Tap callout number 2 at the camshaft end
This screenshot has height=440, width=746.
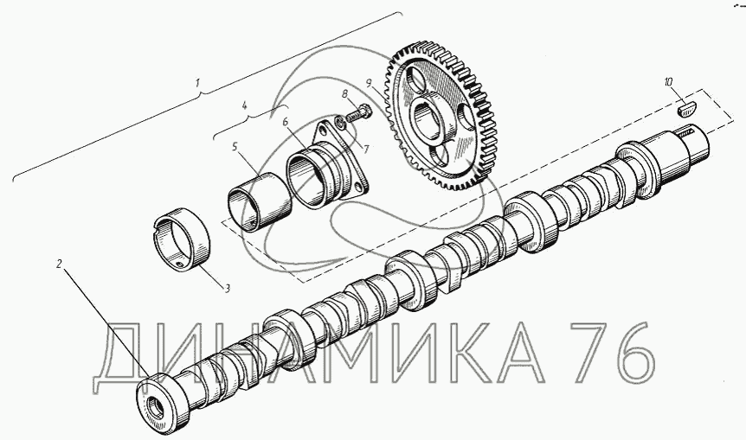(x=59, y=264)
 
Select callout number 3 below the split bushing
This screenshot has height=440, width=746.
(x=228, y=289)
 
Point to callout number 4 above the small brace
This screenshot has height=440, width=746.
(x=245, y=105)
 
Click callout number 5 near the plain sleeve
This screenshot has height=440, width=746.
(x=235, y=147)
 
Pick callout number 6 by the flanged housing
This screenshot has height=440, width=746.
(x=286, y=122)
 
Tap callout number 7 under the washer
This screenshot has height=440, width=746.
(x=367, y=150)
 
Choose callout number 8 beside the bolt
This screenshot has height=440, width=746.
(x=345, y=94)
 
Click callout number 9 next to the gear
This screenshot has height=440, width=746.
(x=369, y=83)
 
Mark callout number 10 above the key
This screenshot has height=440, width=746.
(x=669, y=82)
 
